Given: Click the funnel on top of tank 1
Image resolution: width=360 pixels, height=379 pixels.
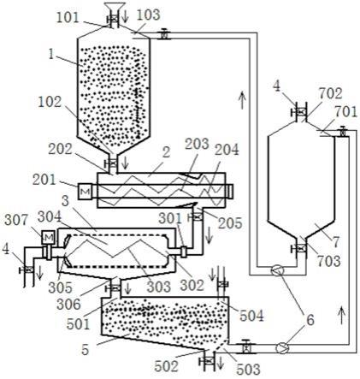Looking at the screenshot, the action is (x=115, y=8).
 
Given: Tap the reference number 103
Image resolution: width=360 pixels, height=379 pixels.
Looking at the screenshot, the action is (x=147, y=15).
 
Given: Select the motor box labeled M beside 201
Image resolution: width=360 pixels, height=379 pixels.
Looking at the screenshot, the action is (x=86, y=192).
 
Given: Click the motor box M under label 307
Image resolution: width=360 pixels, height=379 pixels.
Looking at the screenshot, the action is (x=48, y=237).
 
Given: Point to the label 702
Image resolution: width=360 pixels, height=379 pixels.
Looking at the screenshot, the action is (x=330, y=94).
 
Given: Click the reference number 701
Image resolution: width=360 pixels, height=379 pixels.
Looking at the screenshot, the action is (x=346, y=112).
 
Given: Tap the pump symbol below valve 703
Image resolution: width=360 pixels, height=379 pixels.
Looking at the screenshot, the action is (x=276, y=270).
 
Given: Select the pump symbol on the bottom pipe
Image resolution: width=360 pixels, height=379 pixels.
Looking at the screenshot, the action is (x=282, y=348).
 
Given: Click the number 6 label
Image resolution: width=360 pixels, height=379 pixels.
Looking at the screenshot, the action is (x=310, y=320).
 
